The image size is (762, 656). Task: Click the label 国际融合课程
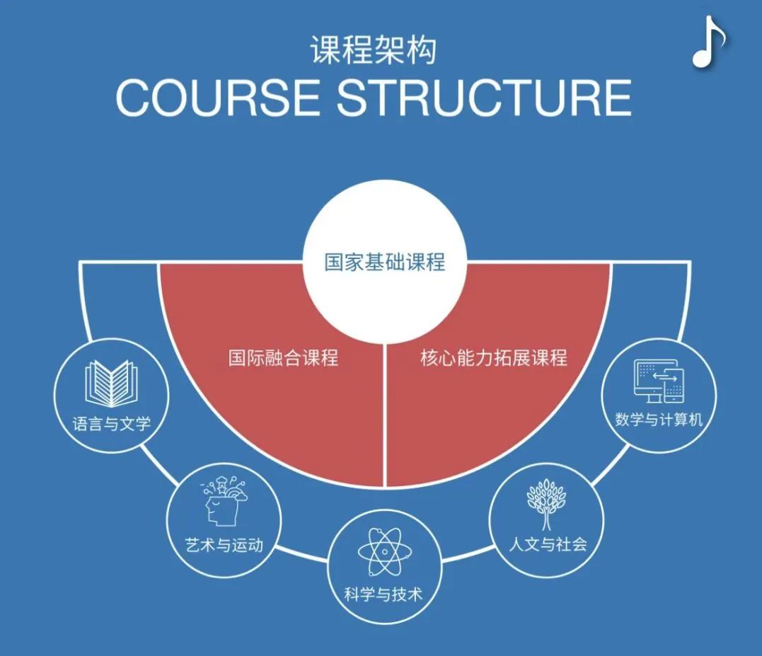coord(283,357)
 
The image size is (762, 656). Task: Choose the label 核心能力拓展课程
coord(493,357)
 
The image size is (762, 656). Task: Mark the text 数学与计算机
coord(659,420)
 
